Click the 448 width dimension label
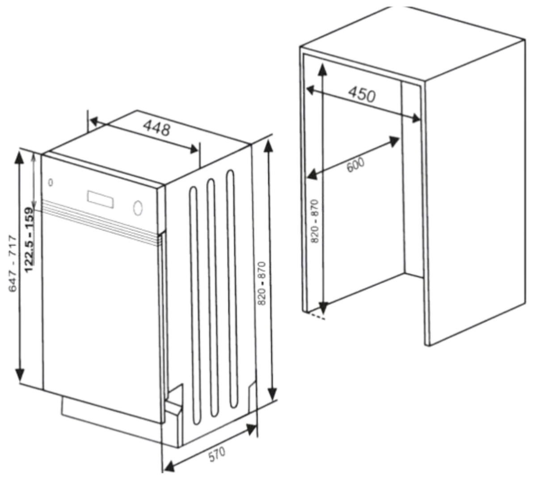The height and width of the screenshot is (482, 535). coord(157,129)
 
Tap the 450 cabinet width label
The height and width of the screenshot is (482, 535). coord(362,94)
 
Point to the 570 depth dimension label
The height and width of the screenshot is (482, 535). coord(217,455)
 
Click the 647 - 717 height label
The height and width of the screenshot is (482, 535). coord(13,264)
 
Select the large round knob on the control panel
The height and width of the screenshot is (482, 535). coord(139,208)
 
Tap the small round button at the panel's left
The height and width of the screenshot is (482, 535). coord(51,182)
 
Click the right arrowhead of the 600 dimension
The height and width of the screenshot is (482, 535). coord(394,141)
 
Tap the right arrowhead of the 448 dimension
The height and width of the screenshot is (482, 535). coord(193,149)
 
